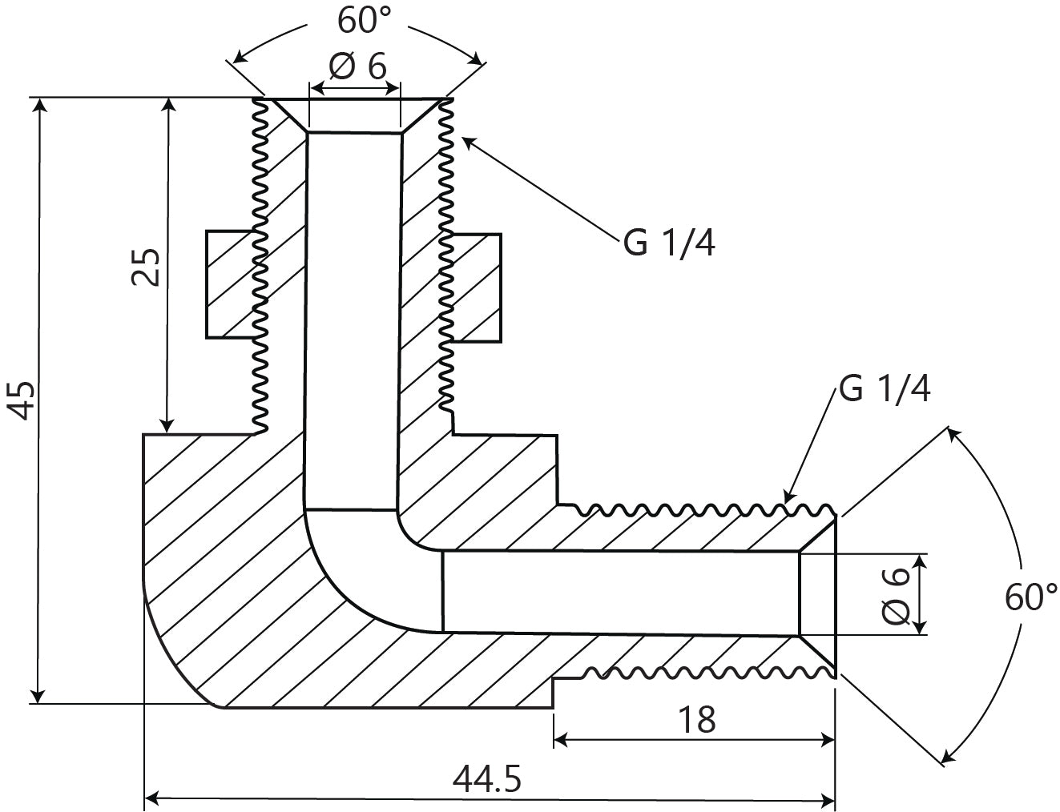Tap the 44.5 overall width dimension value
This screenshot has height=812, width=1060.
point(487,778)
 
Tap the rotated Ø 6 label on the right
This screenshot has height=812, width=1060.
point(895,594)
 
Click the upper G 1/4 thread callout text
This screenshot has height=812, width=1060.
point(669,243)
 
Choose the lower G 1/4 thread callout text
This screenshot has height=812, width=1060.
point(884,389)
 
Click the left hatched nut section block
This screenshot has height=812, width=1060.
point(230,284)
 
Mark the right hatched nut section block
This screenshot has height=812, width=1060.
point(478,287)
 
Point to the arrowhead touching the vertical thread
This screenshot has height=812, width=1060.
point(469,142)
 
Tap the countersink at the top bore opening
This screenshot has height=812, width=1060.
point(355,115)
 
